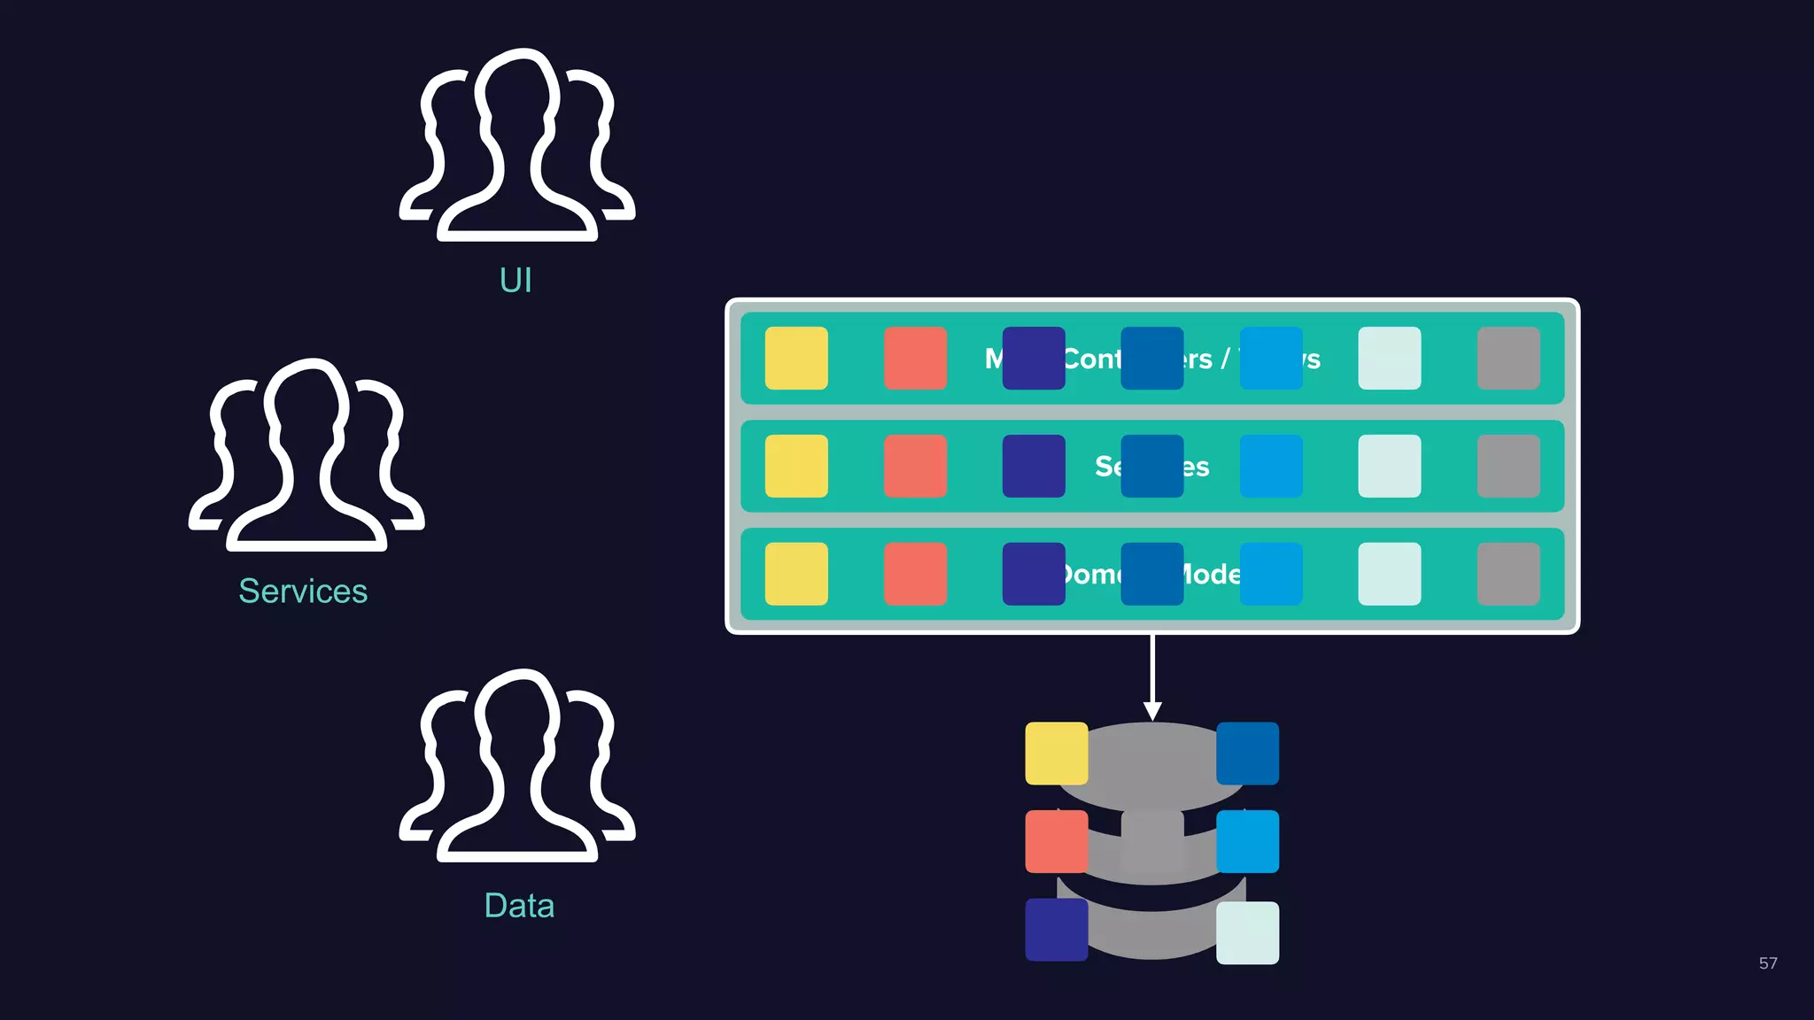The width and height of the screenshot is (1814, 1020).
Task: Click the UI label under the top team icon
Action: [516, 281]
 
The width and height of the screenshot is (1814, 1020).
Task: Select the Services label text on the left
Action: [303, 591]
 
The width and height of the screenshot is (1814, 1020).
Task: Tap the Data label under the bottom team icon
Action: [519, 906]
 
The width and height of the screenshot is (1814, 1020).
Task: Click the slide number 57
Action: [1767, 963]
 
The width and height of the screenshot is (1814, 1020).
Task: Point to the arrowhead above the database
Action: [1152, 711]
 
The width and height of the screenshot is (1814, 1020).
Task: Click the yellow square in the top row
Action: [796, 359]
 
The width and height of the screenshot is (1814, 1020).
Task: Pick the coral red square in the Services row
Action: [915, 466]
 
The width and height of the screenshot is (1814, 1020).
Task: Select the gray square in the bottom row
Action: [1508, 574]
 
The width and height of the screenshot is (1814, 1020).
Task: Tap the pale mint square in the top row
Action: [1389, 359]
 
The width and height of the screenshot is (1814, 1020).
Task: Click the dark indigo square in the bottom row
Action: [1034, 574]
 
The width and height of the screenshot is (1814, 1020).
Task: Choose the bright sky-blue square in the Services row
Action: [1270, 466]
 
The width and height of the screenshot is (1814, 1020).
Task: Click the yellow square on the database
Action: [1057, 753]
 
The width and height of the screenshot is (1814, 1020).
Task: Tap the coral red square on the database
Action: [1057, 841]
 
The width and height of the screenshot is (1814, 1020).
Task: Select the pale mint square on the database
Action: [1247, 932]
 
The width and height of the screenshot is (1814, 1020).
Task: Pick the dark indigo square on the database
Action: [1057, 930]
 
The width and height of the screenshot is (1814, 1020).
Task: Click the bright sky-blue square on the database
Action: [1247, 841]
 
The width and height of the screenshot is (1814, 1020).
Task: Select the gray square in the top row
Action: [1508, 359]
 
